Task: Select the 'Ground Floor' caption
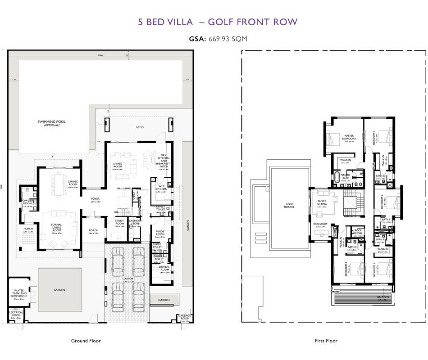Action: point(86,341)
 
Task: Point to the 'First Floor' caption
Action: point(326,341)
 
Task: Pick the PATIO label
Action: point(140,127)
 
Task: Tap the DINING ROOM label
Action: point(73,183)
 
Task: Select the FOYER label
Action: point(95,198)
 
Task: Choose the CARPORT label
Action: point(128,279)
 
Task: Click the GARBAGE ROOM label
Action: point(184,317)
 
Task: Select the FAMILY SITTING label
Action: point(322,203)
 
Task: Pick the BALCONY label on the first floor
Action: point(384,297)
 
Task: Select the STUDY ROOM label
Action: point(119,223)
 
